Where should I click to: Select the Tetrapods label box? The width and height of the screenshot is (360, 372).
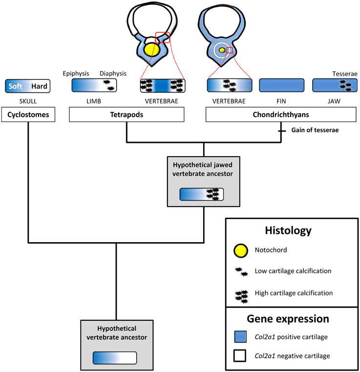coord(127,115)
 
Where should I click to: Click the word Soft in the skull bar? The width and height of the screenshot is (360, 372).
coord(16,86)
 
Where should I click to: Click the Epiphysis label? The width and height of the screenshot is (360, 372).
coord(76,73)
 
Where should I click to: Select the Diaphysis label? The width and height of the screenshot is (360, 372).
coord(113,73)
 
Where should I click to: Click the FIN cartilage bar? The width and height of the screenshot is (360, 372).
coord(281,85)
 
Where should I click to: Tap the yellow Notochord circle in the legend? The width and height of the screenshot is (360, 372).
coord(239,250)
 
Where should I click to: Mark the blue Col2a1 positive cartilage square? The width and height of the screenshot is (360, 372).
coord(239,336)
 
